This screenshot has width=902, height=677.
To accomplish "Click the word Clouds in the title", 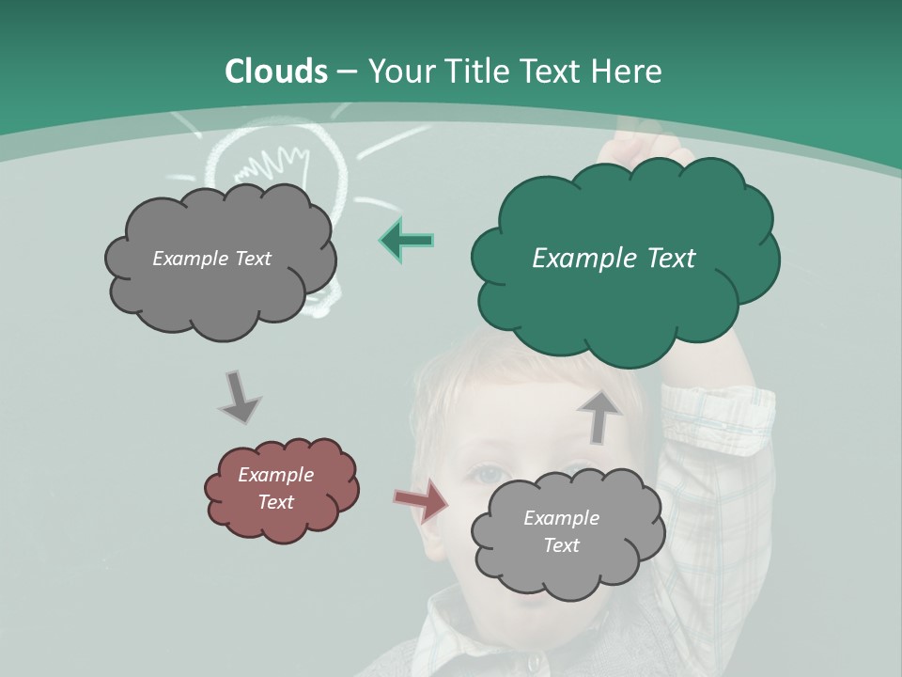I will pos(276,71).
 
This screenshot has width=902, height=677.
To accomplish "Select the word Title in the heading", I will pos(473,71).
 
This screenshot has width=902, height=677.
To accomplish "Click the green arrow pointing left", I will pos(407,241).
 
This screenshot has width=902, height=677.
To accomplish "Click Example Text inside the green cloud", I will pos(614,259).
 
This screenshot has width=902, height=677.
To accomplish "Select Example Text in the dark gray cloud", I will pos(211,259).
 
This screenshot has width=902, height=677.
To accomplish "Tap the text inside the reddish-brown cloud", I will pos(275,488).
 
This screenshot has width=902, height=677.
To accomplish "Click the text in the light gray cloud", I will pos(561,531).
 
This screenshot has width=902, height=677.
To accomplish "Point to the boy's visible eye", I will pos(489,475).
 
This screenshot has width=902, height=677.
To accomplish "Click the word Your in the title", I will pos(398,71).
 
